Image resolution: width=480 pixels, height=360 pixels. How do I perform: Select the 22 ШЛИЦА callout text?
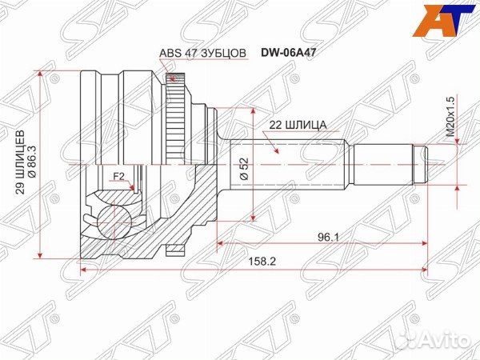click(x=292, y=124)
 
